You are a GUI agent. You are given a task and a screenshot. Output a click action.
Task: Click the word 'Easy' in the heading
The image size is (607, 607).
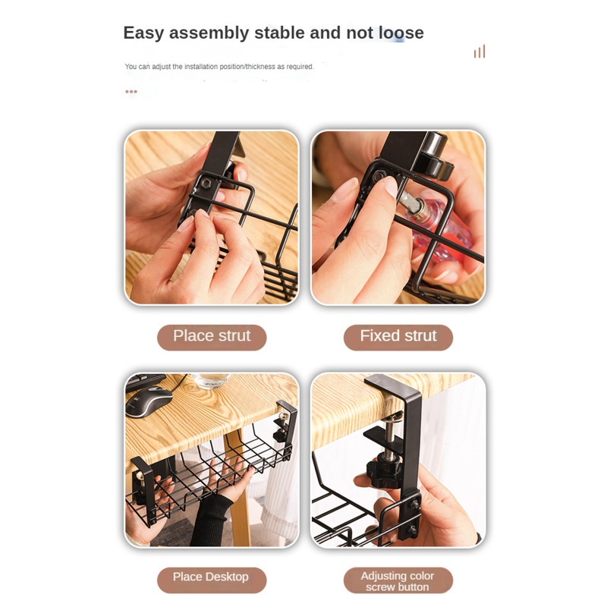tap(144, 33)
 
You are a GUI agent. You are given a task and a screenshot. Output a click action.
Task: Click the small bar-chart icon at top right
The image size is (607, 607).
tap(479, 52)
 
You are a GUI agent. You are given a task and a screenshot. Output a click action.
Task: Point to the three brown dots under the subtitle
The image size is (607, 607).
tap(131, 91)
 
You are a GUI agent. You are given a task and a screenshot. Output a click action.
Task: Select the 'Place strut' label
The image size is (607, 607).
tap(212, 336)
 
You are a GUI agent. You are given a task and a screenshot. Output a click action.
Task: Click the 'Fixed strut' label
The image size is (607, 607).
tap(398, 336)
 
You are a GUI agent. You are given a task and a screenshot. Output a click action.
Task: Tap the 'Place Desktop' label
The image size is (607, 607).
tap(211, 577)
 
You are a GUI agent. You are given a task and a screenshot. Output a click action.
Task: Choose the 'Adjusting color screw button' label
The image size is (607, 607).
tap(398, 581)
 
